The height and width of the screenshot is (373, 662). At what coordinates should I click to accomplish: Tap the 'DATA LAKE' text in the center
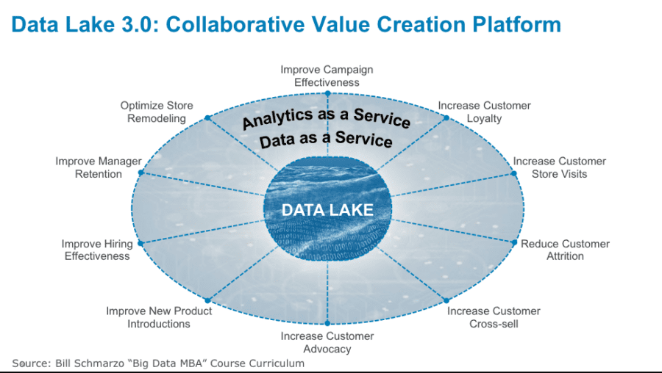pyautogui.click(x=327, y=210)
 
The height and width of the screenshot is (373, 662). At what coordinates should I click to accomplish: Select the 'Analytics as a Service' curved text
pyautogui.click(x=327, y=118)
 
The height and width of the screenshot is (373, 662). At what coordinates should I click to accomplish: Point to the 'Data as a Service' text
pyautogui.click(x=326, y=140)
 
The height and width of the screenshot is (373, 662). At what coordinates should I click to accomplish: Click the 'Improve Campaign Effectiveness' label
pyautogui.click(x=327, y=76)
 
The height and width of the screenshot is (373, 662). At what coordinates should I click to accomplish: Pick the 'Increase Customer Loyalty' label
pyautogui.click(x=484, y=112)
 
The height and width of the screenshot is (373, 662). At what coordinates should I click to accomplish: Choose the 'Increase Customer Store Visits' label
pyautogui.click(x=560, y=167)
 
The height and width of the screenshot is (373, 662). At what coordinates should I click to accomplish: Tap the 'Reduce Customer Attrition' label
pyautogui.click(x=565, y=250)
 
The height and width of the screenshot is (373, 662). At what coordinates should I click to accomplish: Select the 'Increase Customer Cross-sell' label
pyautogui.click(x=494, y=317)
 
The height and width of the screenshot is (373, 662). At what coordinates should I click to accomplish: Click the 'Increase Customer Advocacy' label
pyautogui.click(x=327, y=342)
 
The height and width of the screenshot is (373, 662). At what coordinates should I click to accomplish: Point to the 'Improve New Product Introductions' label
pyautogui.click(x=159, y=317)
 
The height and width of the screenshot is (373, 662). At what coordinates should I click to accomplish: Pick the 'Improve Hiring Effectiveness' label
pyautogui.click(x=97, y=250)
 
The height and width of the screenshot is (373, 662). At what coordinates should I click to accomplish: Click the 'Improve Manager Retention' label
pyautogui.click(x=99, y=167)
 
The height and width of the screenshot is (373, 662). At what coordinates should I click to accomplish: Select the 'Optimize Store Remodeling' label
pyautogui.click(x=157, y=112)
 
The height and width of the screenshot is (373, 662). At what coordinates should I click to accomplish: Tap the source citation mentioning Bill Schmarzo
pyautogui.click(x=158, y=363)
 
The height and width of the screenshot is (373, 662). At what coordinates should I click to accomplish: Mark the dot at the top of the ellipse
pyautogui.click(x=327, y=93)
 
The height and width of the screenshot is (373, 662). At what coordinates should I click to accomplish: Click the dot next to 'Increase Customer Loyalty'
pyautogui.click(x=446, y=118)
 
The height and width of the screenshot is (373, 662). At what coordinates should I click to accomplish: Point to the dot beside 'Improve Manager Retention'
pyautogui.click(x=141, y=173)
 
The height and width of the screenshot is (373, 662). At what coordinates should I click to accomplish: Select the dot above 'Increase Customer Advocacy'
pyautogui.click(x=327, y=323)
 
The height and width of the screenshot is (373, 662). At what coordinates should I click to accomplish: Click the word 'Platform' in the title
pyautogui.click(x=517, y=24)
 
